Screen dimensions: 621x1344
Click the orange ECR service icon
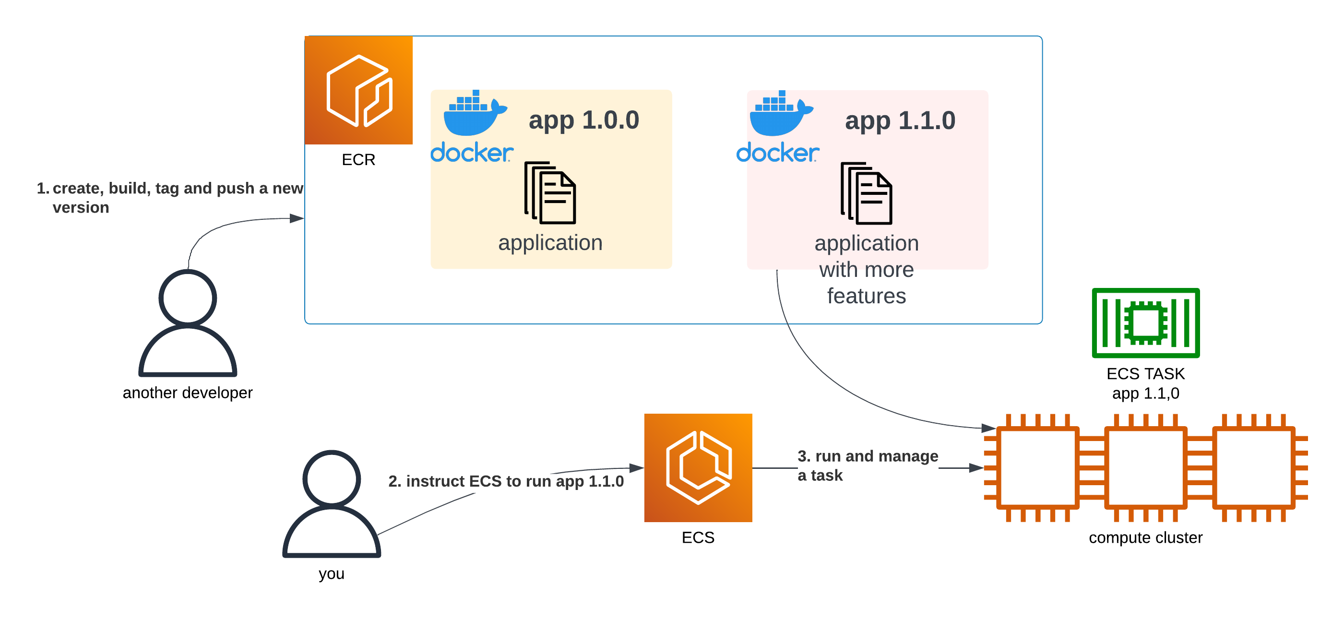(x=358, y=90)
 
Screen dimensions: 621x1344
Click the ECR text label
(x=358, y=160)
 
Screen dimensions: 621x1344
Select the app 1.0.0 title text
(x=583, y=120)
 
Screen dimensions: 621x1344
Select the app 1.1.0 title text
(x=900, y=120)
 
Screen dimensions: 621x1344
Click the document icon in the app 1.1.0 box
(x=866, y=193)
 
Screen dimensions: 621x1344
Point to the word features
(x=866, y=296)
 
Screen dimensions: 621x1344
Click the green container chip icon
(x=1145, y=323)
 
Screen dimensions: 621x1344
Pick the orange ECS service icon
(x=698, y=467)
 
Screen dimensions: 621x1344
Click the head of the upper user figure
(x=188, y=298)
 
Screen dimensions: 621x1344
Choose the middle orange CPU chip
(x=1145, y=467)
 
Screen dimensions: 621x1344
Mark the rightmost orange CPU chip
(x=1254, y=467)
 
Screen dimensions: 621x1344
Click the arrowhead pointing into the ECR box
(x=297, y=218)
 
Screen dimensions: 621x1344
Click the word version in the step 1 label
(x=81, y=208)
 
